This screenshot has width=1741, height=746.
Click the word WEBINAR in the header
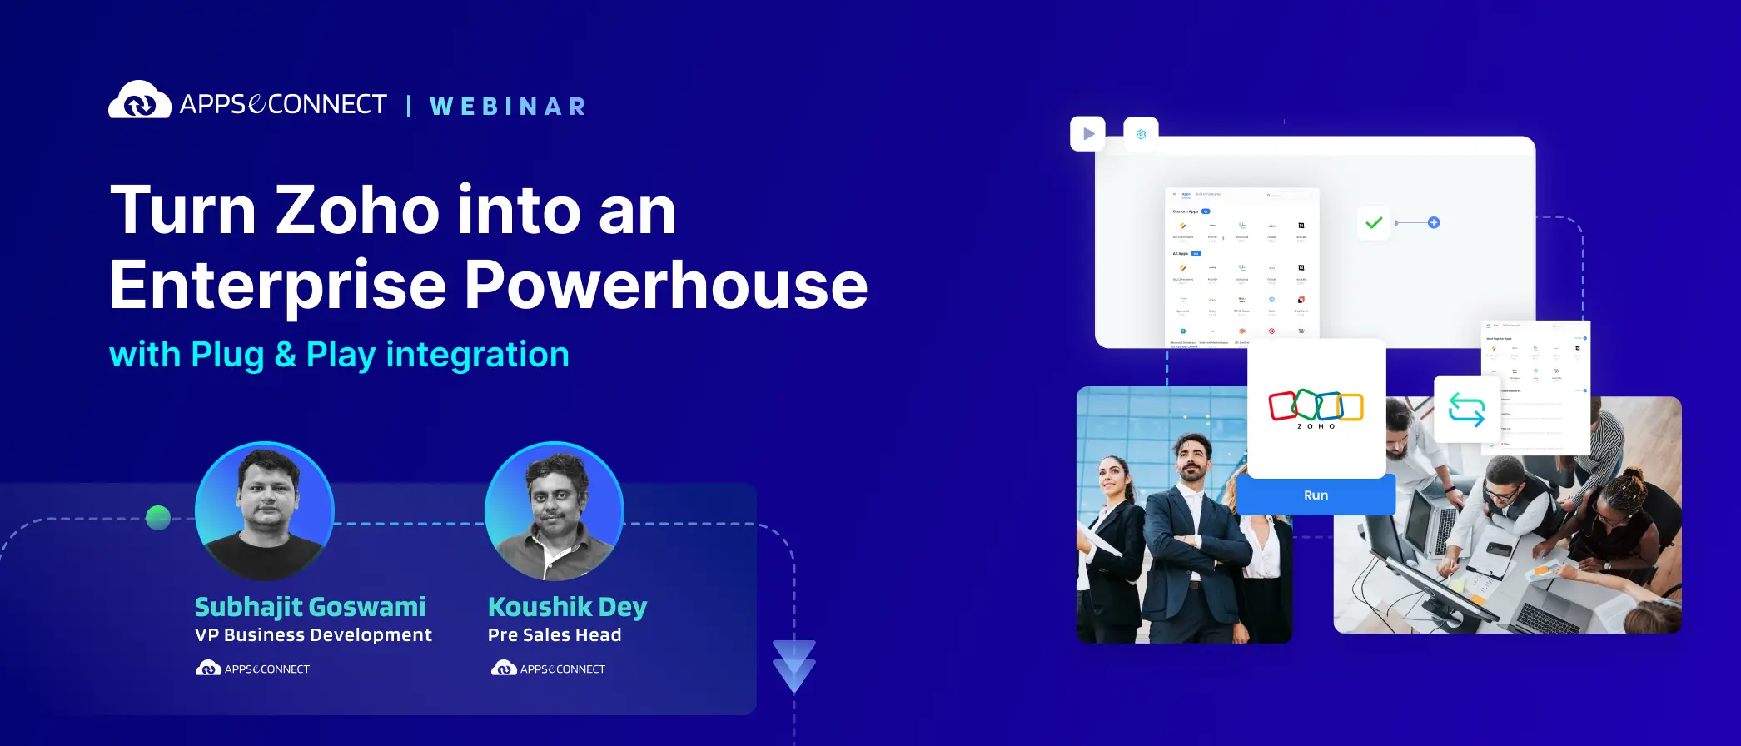point(508,107)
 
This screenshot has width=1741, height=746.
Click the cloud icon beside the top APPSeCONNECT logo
point(139,101)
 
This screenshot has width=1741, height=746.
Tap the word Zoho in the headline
point(357,211)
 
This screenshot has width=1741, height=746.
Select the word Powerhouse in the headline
point(665,286)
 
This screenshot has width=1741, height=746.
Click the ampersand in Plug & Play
point(285,355)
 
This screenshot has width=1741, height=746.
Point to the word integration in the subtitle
point(477,355)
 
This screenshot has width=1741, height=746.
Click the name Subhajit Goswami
point(310,607)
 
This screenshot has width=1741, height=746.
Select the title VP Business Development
point(313,635)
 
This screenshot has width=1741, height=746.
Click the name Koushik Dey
point(567,607)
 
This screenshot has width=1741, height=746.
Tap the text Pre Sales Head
point(555,635)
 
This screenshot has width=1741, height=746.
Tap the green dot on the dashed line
point(158,518)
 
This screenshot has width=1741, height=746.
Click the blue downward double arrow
point(793,665)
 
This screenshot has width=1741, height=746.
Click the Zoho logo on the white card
point(1316,408)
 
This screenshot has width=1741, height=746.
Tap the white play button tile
point(1087,133)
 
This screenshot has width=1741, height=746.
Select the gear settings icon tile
point(1141,134)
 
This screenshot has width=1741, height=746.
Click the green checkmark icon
point(1374,222)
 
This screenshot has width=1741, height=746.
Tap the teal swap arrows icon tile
point(1466,410)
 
